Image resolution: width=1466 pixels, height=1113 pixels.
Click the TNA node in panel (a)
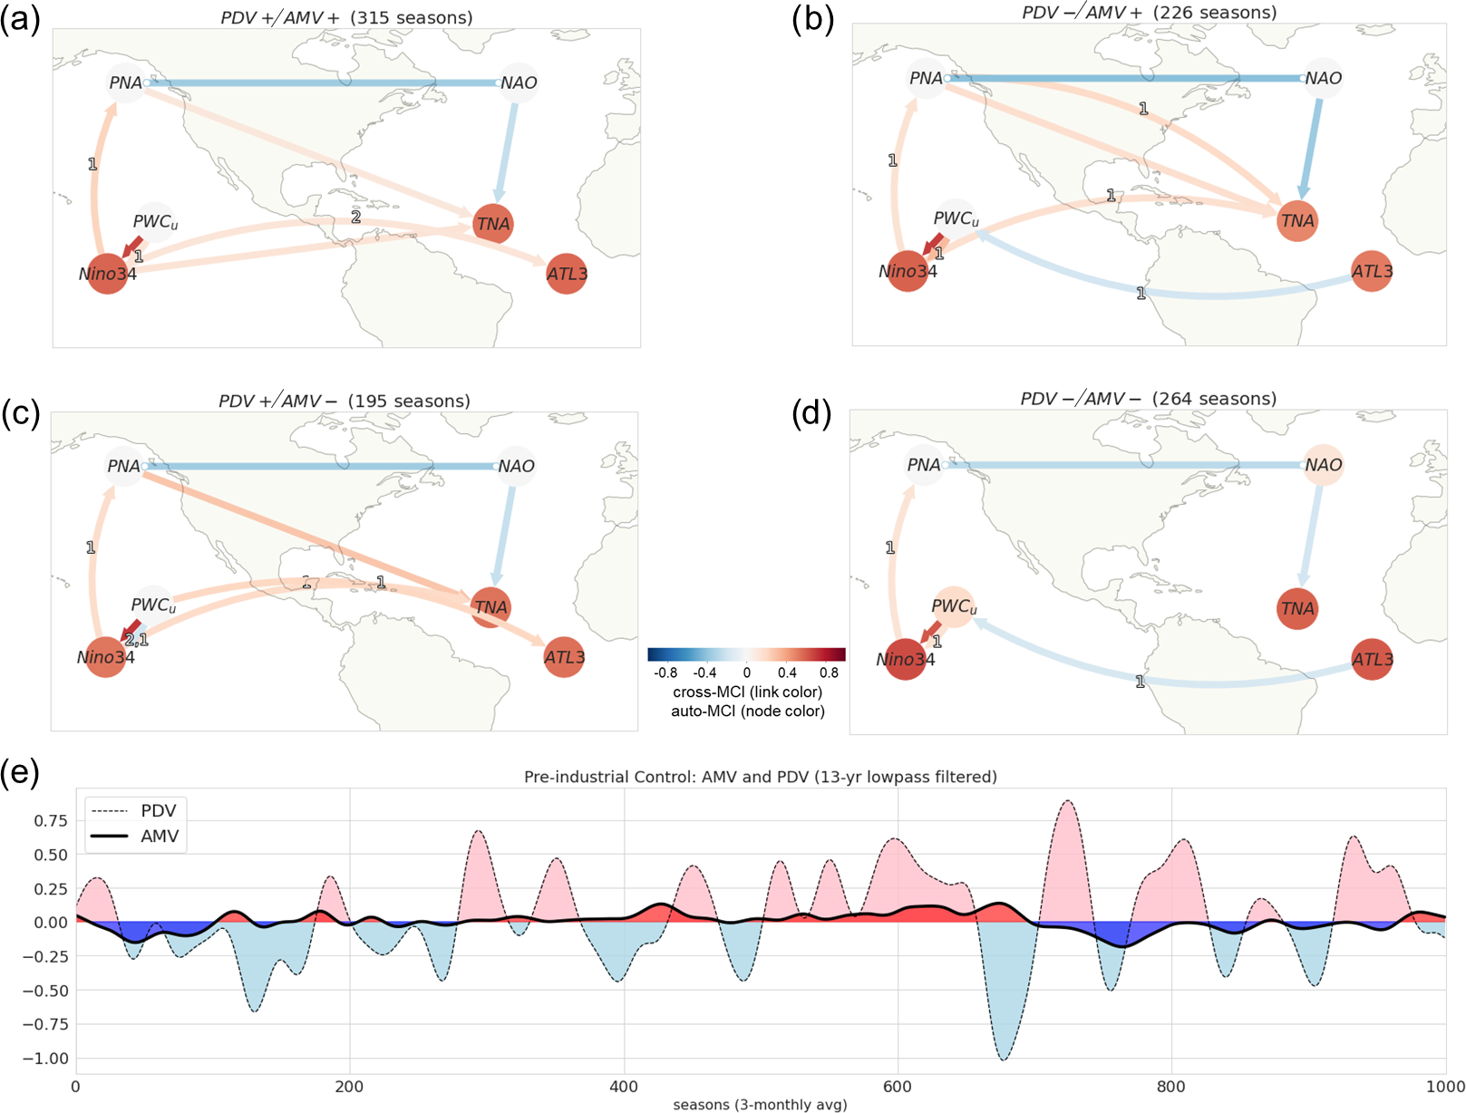coord(493,224)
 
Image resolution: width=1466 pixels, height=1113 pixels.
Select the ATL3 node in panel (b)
coord(1372,271)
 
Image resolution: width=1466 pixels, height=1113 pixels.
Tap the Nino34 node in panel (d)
coord(906,659)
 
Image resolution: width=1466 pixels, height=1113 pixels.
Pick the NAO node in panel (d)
coord(1323,465)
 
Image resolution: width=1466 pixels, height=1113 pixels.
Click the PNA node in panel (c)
coord(124,466)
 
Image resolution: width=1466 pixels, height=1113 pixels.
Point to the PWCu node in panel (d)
coord(954,606)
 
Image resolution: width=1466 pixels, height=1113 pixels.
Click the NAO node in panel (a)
coord(519,82)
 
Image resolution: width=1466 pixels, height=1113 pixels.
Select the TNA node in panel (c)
coord(491,607)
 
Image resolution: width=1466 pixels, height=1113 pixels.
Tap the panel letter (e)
coord(20,773)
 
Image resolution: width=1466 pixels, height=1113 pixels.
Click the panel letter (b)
coord(812,19)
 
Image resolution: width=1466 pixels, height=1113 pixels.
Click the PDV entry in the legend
coord(158,810)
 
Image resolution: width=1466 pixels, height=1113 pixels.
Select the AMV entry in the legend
coord(159,836)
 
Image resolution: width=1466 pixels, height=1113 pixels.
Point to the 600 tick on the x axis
coord(898,1087)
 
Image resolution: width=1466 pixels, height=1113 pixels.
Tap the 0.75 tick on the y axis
coord(51,820)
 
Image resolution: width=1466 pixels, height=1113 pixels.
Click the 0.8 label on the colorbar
coord(829,673)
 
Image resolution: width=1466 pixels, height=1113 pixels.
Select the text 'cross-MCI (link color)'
coord(747,692)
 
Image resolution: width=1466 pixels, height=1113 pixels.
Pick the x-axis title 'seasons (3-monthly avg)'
coord(760,1105)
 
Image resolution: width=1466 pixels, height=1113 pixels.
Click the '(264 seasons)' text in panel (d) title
coord(1215,399)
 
